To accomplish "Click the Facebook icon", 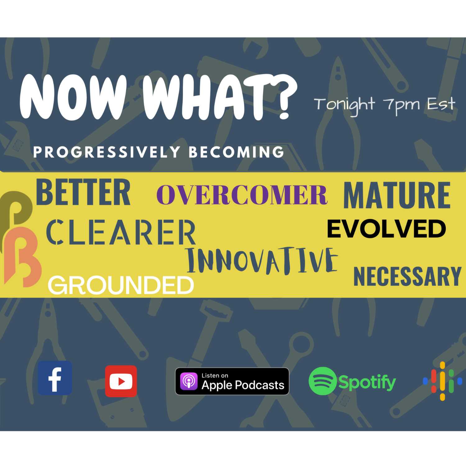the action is pos(55,378).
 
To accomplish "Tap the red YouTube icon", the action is pos(121,381).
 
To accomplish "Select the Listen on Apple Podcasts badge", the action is pos(232,381).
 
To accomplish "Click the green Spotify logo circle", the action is pos(323,381).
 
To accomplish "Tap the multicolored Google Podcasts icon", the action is pos(442,381).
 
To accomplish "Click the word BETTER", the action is pos(83,192).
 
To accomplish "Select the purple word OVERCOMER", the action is pos(242,195).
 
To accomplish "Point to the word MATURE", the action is pos(397,195).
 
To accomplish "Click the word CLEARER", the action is pos(121,232).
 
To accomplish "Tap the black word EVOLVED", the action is pos(386,229).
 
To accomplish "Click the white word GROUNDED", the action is pos(121,286).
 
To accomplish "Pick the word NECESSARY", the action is pos(407,276).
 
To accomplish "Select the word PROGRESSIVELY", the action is pos(107,152).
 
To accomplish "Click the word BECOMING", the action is pos(236,152).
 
